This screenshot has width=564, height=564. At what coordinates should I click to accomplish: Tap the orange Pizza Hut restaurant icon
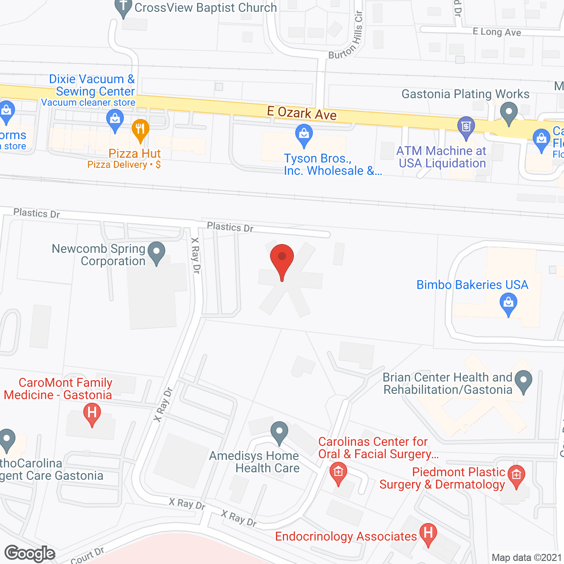[x=140, y=130]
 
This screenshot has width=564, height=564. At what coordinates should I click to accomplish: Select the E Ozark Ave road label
[x=302, y=113]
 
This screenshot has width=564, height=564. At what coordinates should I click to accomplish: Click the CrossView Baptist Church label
[x=205, y=7]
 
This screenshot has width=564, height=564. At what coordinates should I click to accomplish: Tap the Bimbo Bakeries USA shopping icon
[x=508, y=304]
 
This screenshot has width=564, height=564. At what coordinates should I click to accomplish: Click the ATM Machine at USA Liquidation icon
[x=466, y=126]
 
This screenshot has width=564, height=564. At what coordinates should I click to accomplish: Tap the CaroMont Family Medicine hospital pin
[x=92, y=414]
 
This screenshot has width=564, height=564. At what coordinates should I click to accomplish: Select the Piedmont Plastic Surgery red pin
[x=516, y=476]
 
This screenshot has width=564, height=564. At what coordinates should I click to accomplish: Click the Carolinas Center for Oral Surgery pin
[x=338, y=472]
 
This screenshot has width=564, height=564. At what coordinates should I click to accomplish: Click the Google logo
[x=30, y=553]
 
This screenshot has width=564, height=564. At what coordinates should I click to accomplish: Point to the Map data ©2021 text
[x=527, y=557]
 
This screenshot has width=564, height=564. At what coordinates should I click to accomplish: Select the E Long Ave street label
[x=497, y=32]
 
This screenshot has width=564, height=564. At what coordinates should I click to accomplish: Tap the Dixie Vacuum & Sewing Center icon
[x=115, y=120]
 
